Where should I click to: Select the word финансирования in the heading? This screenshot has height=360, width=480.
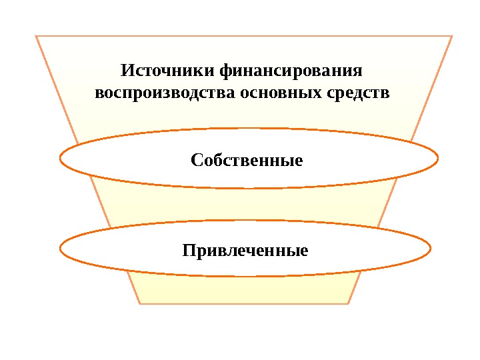295,70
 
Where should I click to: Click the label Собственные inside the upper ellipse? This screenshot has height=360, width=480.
247,160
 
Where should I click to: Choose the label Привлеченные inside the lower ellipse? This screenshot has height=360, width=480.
245,251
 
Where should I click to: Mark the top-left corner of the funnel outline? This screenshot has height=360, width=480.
36,36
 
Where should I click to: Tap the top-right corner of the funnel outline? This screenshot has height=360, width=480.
452,36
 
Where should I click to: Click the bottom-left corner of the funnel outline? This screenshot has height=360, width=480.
141,303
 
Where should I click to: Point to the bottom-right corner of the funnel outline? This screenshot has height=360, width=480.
349,303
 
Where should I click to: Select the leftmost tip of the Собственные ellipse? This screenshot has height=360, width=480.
60,159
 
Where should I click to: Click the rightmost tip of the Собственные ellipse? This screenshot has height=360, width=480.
438,159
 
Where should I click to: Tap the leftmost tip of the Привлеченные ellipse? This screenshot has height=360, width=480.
60,250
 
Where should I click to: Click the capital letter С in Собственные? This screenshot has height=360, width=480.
195,160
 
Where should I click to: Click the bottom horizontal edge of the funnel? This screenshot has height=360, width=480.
245,303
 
